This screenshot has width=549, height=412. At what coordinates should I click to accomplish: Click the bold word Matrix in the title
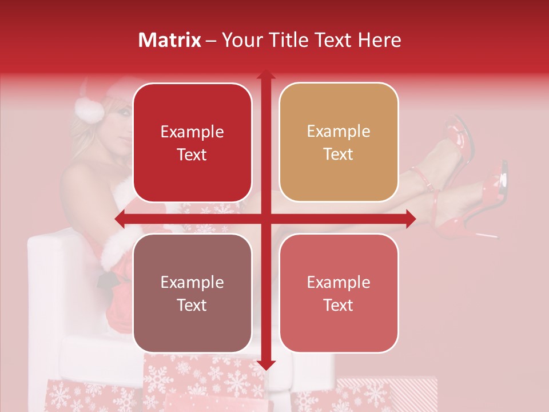(x=170, y=40)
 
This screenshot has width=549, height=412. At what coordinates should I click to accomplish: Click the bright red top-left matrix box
(x=192, y=142)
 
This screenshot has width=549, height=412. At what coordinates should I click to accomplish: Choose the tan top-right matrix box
(x=339, y=142)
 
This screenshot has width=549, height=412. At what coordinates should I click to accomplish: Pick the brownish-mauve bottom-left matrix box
(x=192, y=293)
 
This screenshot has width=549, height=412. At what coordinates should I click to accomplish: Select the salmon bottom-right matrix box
(x=339, y=293)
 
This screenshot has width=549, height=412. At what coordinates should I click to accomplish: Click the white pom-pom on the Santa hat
(x=89, y=109)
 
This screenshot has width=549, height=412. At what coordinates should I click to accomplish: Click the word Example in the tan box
(x=339, y=131)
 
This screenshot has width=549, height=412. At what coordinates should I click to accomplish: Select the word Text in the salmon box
(x=339, y=305)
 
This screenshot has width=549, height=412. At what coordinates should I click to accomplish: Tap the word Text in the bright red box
(x=192, y=154)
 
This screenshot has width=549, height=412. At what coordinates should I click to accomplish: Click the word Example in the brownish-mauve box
(x=192, y=282)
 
